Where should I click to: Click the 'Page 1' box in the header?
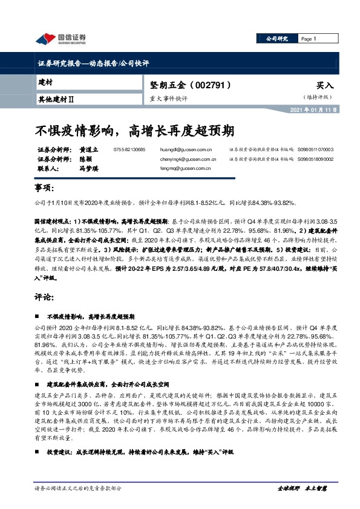tap(310, 39)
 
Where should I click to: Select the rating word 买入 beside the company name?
tap(324, 87)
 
